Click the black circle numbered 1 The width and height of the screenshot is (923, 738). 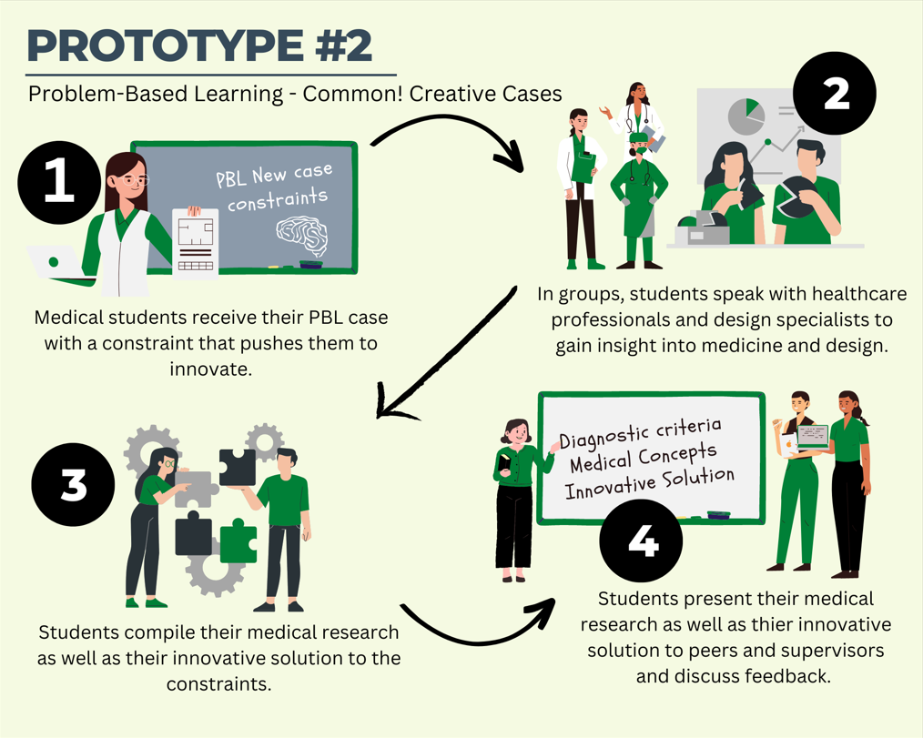click(59, 181)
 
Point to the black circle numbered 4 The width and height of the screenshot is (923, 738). click(642, 541)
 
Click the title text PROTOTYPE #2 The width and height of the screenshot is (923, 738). click(199, 45)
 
